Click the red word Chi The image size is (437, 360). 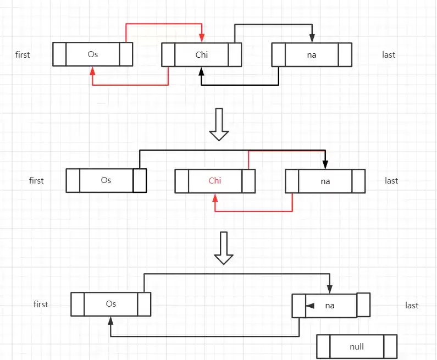215,181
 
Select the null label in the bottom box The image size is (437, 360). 357,347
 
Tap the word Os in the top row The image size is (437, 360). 93,54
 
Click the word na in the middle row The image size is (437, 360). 325,181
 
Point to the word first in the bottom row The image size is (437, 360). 41,304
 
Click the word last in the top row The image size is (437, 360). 389,54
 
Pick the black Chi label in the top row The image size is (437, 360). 202,54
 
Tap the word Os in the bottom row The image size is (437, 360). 111,304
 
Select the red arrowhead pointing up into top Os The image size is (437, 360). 92,71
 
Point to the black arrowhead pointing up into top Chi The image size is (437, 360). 201,71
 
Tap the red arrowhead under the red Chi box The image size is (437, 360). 215,198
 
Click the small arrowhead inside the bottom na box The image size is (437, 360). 310,306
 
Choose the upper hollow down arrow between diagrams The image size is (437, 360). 219,124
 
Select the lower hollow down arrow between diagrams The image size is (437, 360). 224,248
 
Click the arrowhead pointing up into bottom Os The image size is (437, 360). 110,321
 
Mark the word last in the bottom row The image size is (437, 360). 412,306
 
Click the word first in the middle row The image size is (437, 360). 36,181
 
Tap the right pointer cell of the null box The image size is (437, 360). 390,347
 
